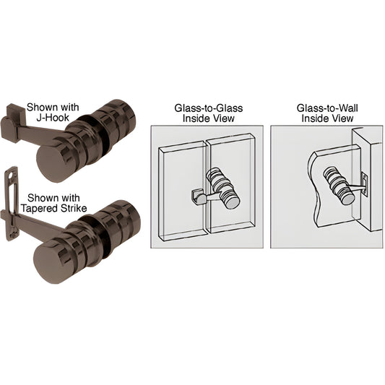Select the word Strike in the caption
[x=75, y=208]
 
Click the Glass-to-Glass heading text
[x=208, y=108]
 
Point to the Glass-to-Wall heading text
[x=327, y=108]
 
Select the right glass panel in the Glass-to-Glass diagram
[x=235, y=217]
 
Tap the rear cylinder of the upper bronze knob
[x=123, y=116]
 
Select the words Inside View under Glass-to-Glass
[x=208, y=118]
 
